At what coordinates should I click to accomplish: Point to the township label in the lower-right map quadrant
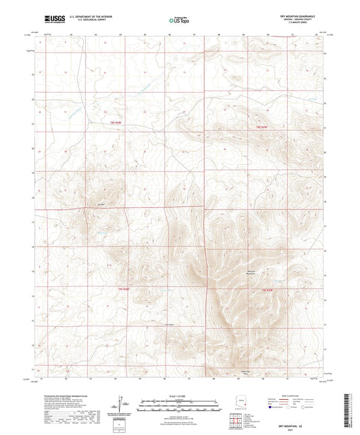pyautogui.click(x=267, y=289)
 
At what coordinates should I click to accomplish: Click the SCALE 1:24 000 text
pyautogui.click(x=179, y=395)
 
